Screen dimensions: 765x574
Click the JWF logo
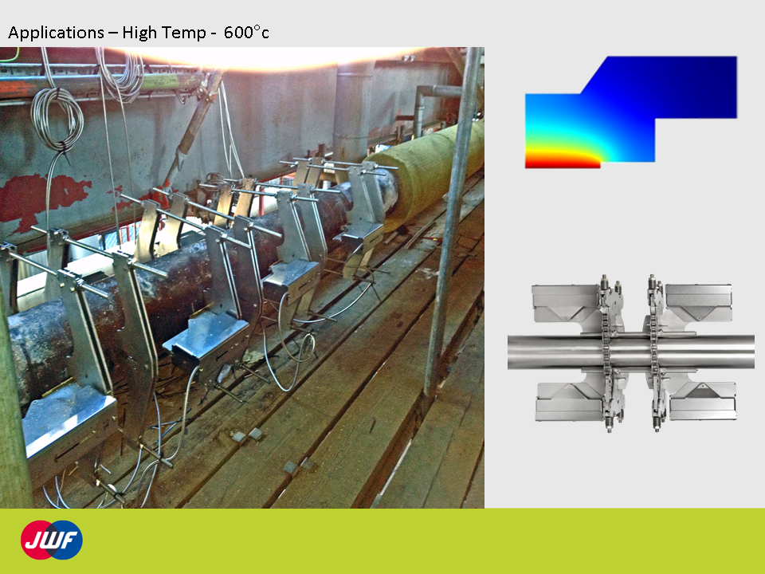click(x=51, y=540)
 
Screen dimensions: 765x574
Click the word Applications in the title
click(x=56, y=33)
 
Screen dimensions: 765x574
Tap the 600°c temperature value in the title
click(x=246, y=32)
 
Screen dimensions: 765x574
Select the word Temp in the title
click(x=184, y=33)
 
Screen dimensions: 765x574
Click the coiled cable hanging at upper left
click(x=57, y=119)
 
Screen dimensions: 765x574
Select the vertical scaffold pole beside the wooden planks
click(x=451, y=220)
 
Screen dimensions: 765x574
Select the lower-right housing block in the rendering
click(x=703, y=402)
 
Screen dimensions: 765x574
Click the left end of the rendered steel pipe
click(x=509, y=352)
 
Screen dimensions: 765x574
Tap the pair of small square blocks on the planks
click(x=246, y=434)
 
